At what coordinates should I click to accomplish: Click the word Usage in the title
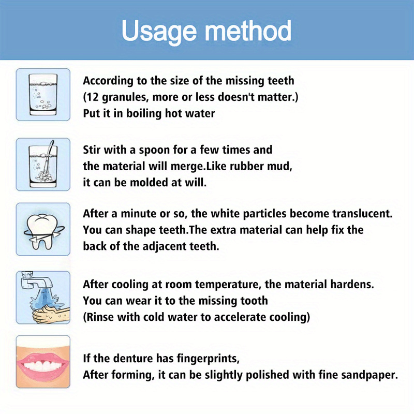(x=159, y=31)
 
